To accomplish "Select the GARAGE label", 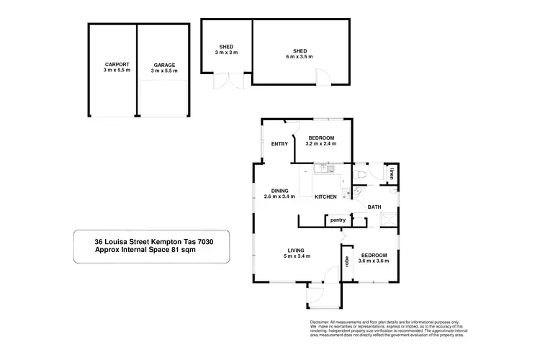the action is click(163, 66).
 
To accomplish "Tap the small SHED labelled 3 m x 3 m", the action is click(227, 50).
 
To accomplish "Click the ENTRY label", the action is click(279, 143).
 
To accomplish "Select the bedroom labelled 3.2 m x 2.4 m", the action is click(320, 140).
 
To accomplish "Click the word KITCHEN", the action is click(325, 197).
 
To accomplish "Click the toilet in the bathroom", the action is click(362, 175).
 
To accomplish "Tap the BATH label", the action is click(374, 207).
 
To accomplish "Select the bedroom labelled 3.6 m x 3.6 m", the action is click(374, 258).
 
